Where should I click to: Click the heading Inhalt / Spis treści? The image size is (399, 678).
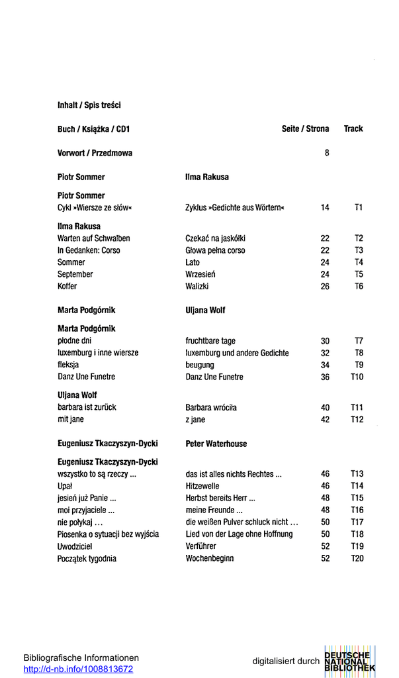[89, 105]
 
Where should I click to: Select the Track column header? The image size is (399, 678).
[353, 129]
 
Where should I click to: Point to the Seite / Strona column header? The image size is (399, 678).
[305, 129]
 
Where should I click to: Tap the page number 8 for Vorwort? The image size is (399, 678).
[326, 153]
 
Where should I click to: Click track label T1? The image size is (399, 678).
[358, 208]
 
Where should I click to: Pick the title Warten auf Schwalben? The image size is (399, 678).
[93, 238]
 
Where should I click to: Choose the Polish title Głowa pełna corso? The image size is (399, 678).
[215, 250]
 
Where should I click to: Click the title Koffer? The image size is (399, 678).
[67, 287]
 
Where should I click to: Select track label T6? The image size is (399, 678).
[358, 287]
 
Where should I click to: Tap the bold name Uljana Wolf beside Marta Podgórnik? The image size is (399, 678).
[206, 311]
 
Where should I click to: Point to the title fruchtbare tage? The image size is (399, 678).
[210, 341]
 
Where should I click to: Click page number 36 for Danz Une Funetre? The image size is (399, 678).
[325, 377]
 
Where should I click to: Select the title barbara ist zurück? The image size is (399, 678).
[87, 408]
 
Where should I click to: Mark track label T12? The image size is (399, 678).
[357, 420]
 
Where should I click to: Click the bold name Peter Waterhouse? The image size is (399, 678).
[216, 444]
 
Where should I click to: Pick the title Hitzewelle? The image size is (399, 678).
[202, 486]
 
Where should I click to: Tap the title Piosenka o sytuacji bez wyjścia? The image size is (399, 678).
[108, 534]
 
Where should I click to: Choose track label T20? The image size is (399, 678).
[357, 559]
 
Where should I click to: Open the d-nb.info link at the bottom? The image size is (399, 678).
[78, 669]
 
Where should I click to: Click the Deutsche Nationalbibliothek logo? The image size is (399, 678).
[349, 661]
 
